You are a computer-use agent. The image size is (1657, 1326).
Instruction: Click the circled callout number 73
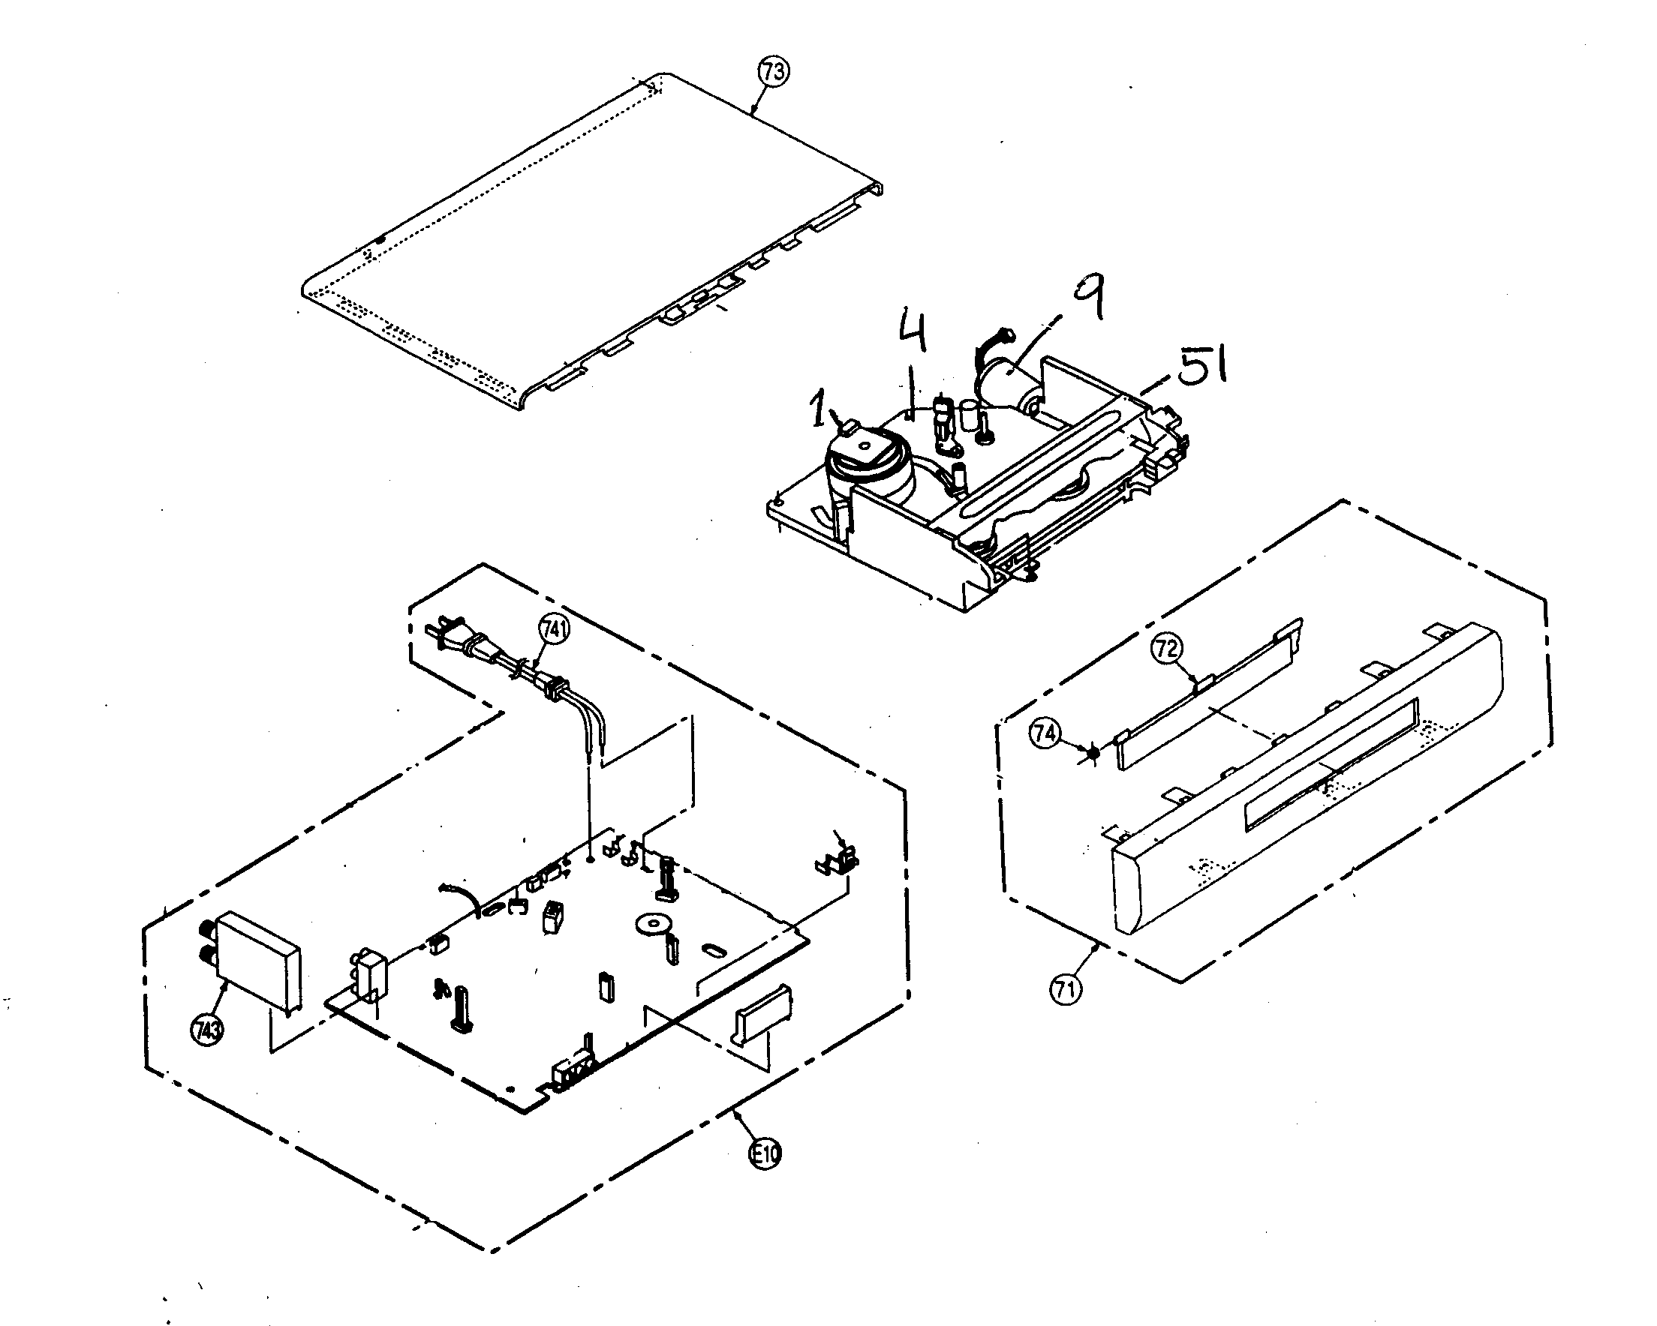(773, 72)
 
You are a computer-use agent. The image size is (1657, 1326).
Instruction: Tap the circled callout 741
(554, 630)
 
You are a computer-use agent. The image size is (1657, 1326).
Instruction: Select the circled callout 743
(206, 1030)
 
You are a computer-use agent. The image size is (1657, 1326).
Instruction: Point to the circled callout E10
(765, 1154)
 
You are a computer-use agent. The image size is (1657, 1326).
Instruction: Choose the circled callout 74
(1044, 733)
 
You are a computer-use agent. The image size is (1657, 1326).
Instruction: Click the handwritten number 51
(1199, 367)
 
